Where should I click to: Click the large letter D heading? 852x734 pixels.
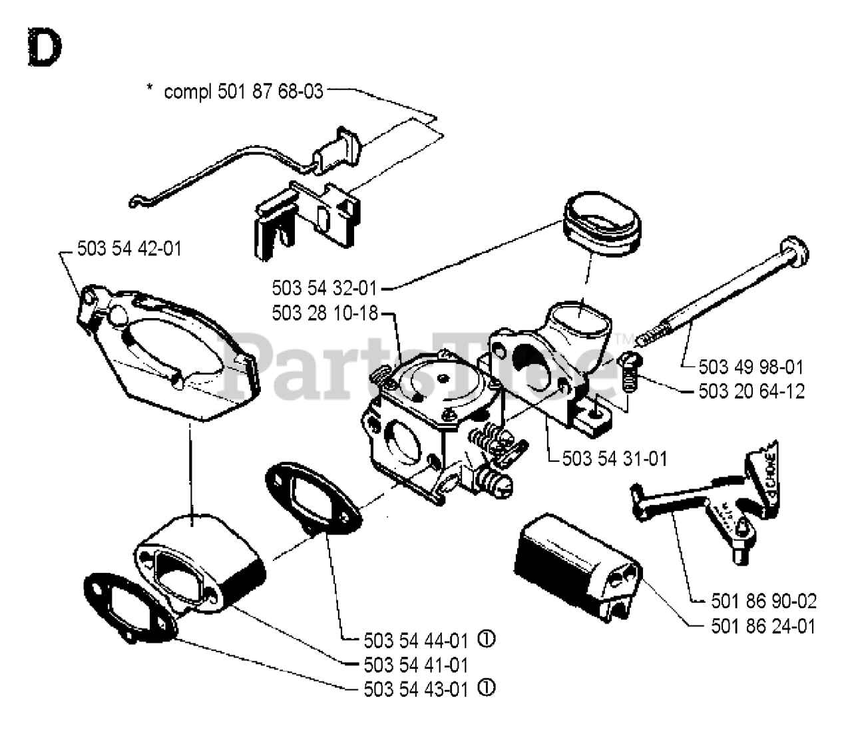click(x=45, y=48)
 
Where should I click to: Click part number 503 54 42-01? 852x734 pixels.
click(x=129, y=248)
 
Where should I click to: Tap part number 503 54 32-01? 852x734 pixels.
click(x=324, y=288)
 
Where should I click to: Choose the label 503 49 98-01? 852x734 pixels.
click(x=751, y=367)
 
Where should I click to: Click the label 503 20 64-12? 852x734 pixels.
click(x=751, y=391)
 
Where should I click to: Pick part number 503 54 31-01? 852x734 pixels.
click(x=614, y=459)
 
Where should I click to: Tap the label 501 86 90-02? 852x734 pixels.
click(x=763, y=601)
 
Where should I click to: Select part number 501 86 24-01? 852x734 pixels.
click(x=763, y=626)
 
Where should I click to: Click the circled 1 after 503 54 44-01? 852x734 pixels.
click(x=487, y=640)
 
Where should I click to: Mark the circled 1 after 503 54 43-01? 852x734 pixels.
click(x=487, y=687)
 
